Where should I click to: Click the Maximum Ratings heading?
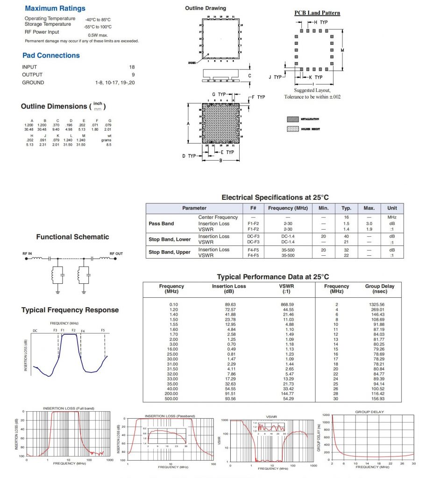coord(55,8)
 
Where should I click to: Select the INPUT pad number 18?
coord(132,67)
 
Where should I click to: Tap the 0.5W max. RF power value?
coord(98,35)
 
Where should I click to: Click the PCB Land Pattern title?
coord(317,13)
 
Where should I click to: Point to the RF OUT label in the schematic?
coord(116,253)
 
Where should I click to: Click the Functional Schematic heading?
coord(72,237)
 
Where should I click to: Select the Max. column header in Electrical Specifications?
coord(369,208)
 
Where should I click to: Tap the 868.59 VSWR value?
coord(284,304)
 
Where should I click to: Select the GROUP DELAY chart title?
coord(369,412)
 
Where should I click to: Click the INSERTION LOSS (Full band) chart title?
coord(68,408)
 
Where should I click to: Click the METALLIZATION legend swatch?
coord(293,119)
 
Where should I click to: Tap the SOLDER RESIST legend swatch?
coord(293,128)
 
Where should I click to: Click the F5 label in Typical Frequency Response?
coord(103,330)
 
